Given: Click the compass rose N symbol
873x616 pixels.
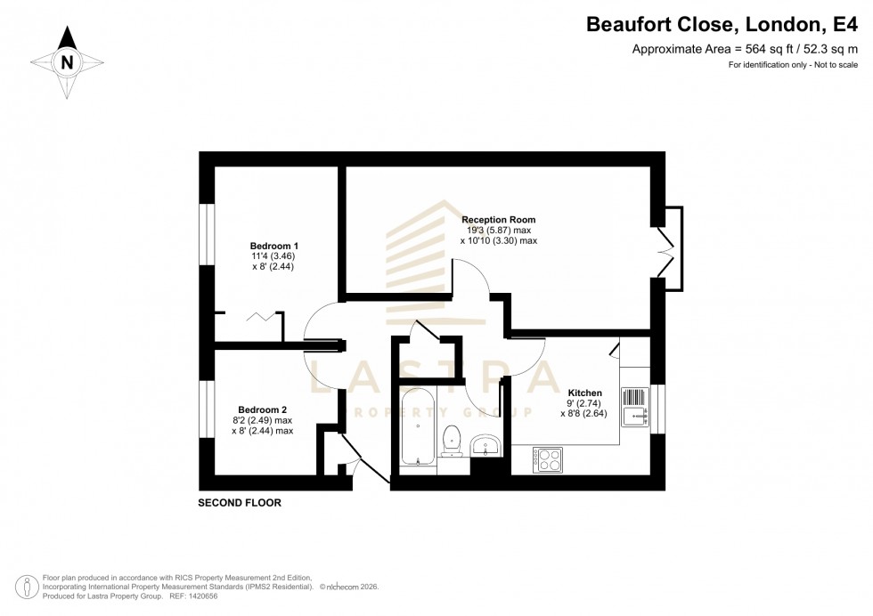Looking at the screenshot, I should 67,61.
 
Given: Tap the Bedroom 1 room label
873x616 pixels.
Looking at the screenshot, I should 273,246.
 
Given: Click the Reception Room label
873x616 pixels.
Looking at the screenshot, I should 498,219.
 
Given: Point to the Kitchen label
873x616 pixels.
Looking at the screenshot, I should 585,393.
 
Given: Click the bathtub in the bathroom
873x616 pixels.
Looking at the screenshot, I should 418,426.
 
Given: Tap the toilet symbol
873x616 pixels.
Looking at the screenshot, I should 452,439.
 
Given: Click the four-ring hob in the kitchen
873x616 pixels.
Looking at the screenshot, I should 548,459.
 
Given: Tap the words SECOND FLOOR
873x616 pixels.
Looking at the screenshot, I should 240,503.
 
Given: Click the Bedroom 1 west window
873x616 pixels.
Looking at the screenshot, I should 207,235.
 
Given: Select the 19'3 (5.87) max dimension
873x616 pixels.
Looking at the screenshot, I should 498,230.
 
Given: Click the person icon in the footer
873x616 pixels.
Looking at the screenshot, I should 29,586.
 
